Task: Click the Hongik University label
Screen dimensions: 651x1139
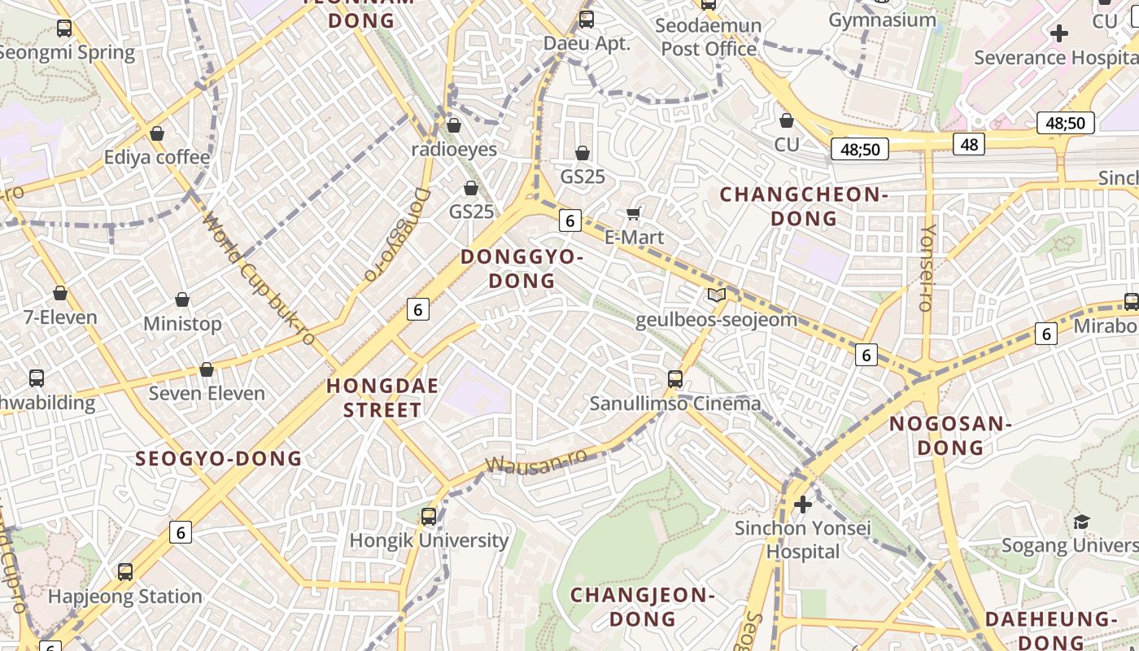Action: point(429,540)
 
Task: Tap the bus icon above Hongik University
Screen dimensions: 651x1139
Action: point(429,516)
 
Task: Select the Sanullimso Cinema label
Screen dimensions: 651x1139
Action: point(674,403)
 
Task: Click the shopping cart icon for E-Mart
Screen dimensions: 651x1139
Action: point(634,213)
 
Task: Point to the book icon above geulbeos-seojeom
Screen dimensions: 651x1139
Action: point(716,295)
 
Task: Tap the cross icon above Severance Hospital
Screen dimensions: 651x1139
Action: point(1058,33)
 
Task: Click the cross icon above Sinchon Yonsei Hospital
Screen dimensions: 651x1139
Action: point(803,505)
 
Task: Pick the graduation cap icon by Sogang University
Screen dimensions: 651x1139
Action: point(1081,522)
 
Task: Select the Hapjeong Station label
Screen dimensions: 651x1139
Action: point(124,596)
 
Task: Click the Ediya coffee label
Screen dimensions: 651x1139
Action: point(157,157)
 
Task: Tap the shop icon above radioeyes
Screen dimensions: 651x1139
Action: point(454,125)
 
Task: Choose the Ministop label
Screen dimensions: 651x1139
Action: point(182,324)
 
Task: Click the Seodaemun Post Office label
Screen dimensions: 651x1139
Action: point(709,37)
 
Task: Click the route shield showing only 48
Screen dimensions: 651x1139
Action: point(969,144)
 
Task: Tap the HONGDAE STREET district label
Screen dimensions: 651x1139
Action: point(382,397)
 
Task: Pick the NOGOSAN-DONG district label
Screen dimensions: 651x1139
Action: point(949,435)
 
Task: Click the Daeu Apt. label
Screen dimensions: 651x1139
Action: point(587,43)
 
